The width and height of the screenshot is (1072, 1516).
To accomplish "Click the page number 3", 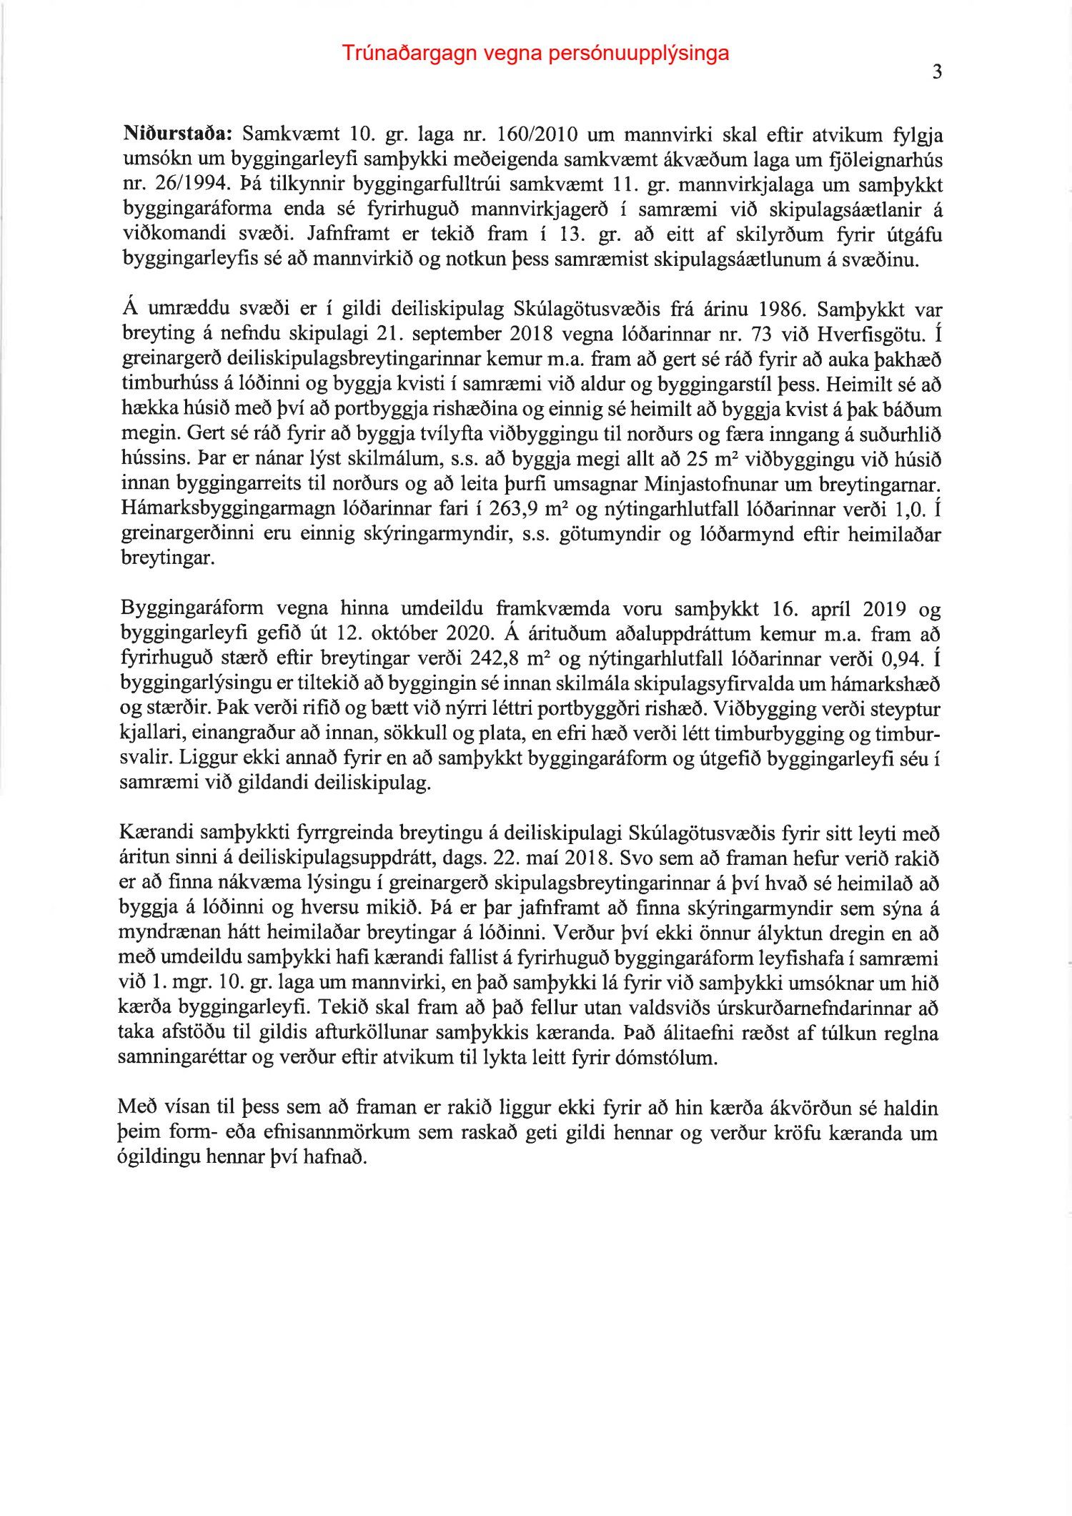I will (x=937, y=72).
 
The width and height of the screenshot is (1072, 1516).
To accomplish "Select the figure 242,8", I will (x=500, y=658).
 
